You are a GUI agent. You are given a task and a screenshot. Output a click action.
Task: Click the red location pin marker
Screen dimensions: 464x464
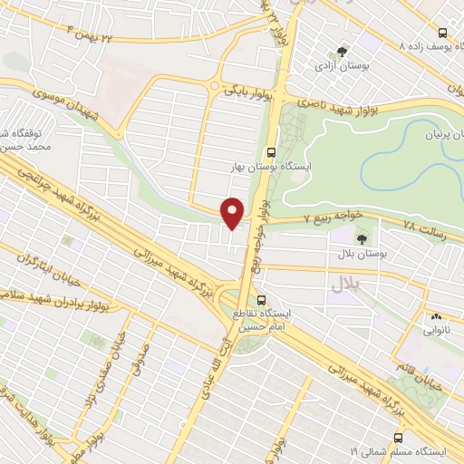[x=233, y=213]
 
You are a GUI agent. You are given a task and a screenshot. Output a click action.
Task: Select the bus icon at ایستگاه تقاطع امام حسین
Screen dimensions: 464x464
[x=262, y=300]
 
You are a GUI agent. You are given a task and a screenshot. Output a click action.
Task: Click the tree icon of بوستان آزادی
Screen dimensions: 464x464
[x=342, y=52]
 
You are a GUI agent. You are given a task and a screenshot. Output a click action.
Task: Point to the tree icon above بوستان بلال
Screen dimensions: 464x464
[x=362, y=239]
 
